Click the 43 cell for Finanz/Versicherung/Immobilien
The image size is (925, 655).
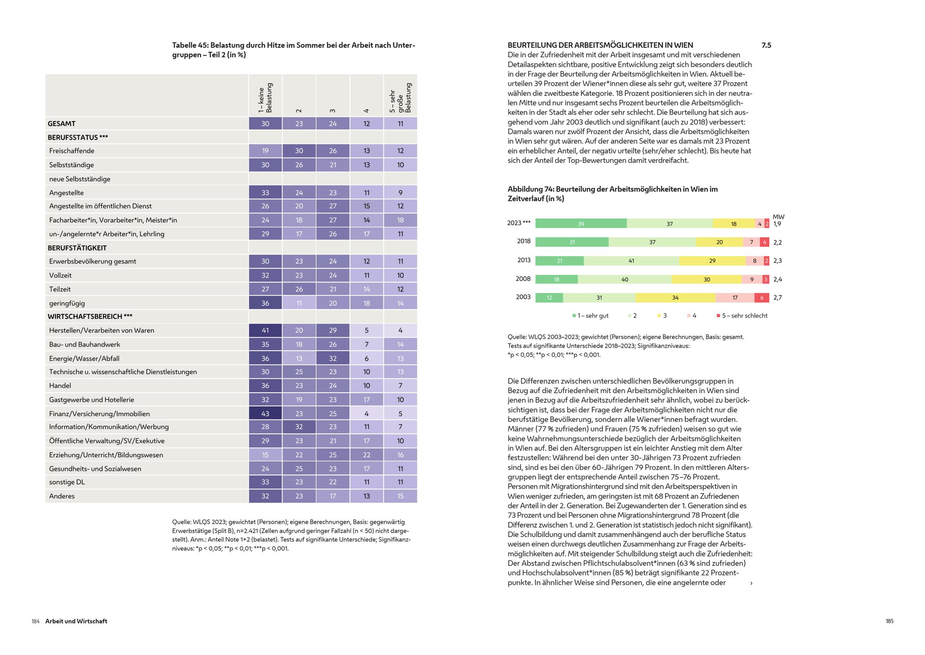[265, 414]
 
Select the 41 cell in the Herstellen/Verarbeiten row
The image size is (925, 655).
[265, 330]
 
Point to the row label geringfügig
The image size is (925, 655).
[67, 303]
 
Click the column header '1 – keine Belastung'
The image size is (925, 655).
[265, 98]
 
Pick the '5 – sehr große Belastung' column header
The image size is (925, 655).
[401, 98]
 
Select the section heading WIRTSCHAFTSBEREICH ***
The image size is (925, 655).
[90, 316]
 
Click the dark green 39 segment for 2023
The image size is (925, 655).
[581, 224]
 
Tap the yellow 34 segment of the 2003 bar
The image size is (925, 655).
[675, 298]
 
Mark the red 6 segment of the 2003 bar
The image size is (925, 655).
[762, 298]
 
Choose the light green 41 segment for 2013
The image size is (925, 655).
[631, 261]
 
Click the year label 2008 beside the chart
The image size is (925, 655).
[523, 279]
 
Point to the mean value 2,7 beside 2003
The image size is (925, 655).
[777, 298]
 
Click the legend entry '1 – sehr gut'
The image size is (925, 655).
[591, 315]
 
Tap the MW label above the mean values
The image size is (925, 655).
[778, 216]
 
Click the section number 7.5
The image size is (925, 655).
[766, 45]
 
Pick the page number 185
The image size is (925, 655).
[889, 621]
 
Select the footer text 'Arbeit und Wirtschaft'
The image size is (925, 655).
[76, 621]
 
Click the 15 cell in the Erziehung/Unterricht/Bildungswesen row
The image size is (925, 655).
[265, 455]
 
